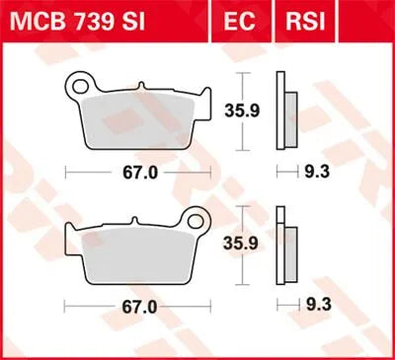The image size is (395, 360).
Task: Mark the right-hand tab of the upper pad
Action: pos(203,102)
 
